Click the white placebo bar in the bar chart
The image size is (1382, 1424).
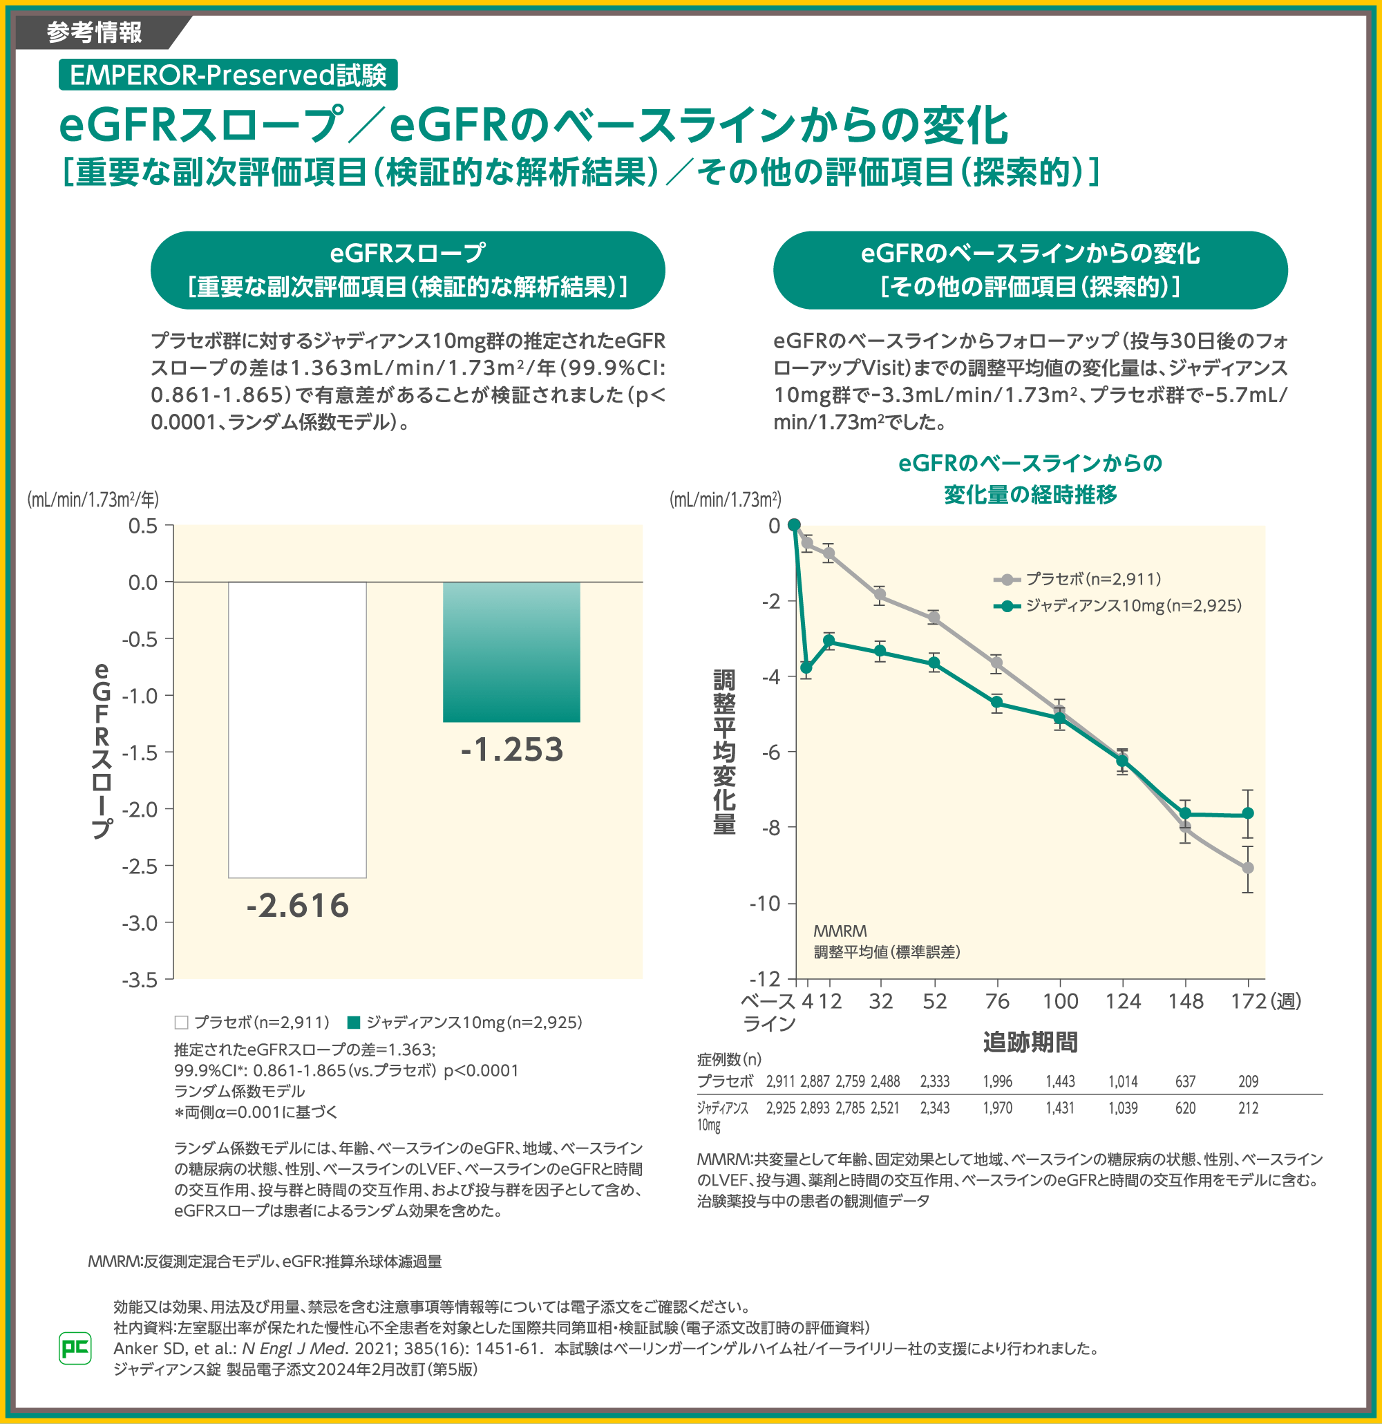pos(297,730)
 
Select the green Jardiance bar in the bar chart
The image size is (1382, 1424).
pos(511,652)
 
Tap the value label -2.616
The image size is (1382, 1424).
pos(297,906)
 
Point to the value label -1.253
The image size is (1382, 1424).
pos(511,750)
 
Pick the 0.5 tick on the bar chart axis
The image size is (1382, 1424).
pos(142,525)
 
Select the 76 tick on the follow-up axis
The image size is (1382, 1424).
pos(997,1001)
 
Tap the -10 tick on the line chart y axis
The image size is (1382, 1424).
pos(764,903)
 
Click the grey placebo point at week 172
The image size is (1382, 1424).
pos(1247,868)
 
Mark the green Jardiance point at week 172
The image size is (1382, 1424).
pos(1247,813)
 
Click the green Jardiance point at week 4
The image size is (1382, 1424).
pos(806,667)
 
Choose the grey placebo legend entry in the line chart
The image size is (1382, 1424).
pos(1077,579)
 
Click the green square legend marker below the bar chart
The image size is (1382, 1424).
pos(354,1023)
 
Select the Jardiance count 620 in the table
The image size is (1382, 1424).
pos(1185,1108)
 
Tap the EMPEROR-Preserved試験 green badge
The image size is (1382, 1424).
pos(227,75)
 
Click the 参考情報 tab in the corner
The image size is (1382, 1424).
pos(95,32)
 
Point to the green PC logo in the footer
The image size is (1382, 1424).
pos(75,1349)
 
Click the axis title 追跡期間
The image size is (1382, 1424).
pos(1030,1042)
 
